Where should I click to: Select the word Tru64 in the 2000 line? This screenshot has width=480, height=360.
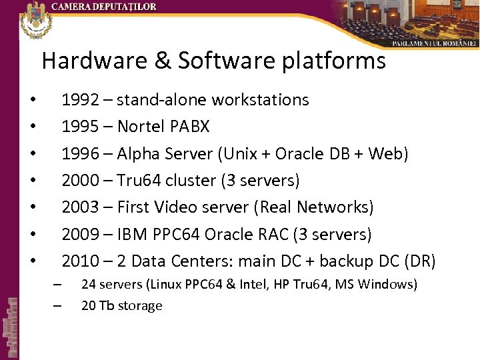coord(139,181)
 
